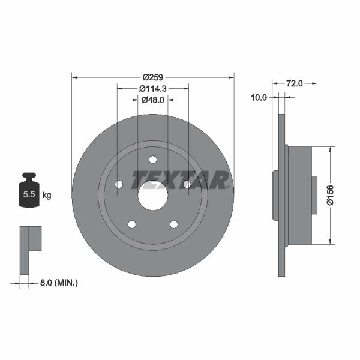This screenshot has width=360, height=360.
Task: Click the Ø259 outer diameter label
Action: [x=153, y=77]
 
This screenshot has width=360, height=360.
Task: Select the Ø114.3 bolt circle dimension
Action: [x=152, y=88]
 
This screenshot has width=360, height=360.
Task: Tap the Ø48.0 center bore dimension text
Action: [x=152, y=100]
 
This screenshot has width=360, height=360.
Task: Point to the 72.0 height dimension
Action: [x=294, y=83]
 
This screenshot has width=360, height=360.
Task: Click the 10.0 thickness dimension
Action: [x=259, y=97]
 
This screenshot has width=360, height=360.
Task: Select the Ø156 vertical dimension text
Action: [x=329, y=195]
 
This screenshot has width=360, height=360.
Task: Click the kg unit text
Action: [x=47, y=195]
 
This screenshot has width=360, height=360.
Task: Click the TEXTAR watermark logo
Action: [x=180, y=180]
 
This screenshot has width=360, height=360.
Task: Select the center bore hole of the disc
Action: [x=152, y=196]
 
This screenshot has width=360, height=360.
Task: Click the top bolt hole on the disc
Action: [x=152, y=160]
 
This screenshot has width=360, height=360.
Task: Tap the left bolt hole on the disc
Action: [x=119, y=184]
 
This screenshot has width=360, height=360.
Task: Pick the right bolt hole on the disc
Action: [x=187, y=184]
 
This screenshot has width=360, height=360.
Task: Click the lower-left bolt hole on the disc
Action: [x=131, y=224]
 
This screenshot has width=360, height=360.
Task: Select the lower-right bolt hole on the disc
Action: [x=173, y=224]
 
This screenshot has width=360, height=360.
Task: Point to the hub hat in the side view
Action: [x=300, y=195]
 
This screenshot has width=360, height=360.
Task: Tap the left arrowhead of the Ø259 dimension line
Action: [x=74, y=77]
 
